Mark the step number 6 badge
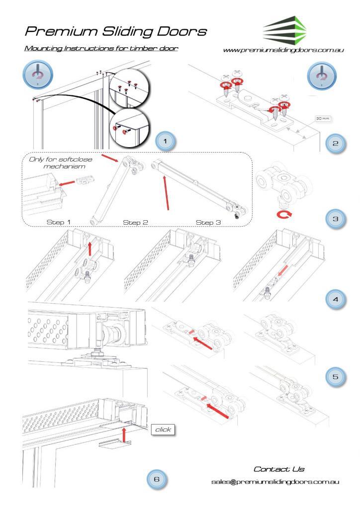click(157, 479)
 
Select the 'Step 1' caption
click(59, 222)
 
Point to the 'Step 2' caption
click(136, 222)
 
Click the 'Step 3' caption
click(208, 222)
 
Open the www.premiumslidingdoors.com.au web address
click(284, 50)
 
